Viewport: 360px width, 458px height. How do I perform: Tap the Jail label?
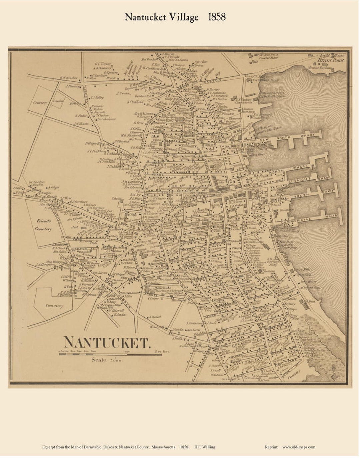click(x=74, y=226)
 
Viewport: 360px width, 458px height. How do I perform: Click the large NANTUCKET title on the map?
click(x=106, y=342)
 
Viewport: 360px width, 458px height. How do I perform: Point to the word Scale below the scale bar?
click(x=99, y=360)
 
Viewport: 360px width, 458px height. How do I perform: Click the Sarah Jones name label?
click(x=106, y=119)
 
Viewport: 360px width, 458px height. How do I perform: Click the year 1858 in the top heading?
click(x=217, y=17)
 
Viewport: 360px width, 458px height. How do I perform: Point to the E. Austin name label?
click(x=119, y=314)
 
